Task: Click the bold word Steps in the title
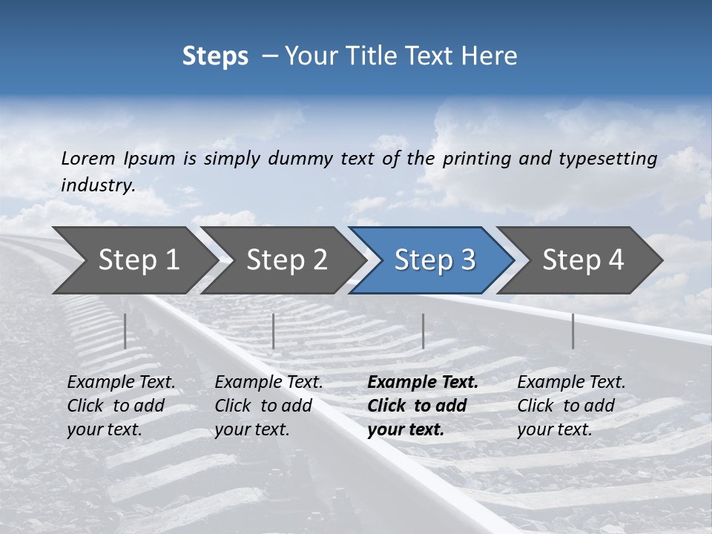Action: coord(215,56)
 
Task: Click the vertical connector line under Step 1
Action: coord(125,331)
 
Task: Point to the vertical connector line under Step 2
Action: coord(274,331)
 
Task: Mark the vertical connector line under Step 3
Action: coord(423,331)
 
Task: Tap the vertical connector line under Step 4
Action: coord(573,331)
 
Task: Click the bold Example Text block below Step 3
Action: coord(422,406)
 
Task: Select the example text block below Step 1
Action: coord(121,406)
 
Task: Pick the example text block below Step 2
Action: coord(268,406)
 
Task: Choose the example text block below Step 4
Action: coord(571,406)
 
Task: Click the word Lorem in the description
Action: coord(88,158)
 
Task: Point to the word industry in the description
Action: coord(98,185)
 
